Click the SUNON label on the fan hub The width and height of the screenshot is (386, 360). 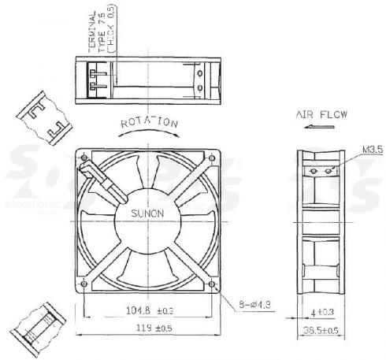tap(147, 213)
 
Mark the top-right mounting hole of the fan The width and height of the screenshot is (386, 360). tap(213, 157)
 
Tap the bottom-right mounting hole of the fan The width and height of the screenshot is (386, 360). tap(213, 284)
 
